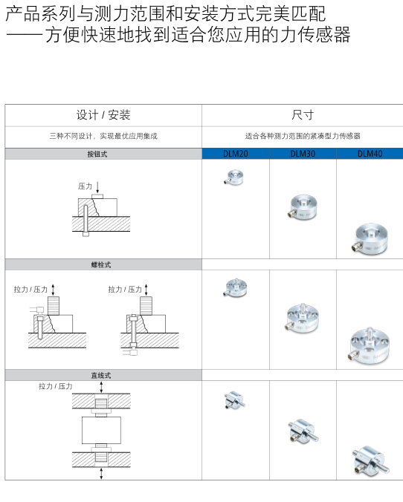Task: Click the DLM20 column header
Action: [x=236, y=154]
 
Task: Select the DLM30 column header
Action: [x=303, y=154]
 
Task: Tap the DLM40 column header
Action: [x=370, y=154]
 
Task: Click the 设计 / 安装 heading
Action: [x=103, y=115]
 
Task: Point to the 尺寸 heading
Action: [x=303, y=115]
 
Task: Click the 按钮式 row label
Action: [x=97, y=154]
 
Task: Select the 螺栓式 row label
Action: [x=101, y=265]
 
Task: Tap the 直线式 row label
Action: [x=101, y=375]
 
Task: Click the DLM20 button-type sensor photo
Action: [x=233, y=177]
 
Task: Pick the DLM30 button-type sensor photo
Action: [x=302, y=207]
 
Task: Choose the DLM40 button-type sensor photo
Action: [x=370, y=239]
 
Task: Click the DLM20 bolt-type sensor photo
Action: [x=235, y=288]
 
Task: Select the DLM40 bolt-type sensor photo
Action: [x=370, y=346]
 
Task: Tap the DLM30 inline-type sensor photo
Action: [x=303, y=431]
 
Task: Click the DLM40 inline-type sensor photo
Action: [x=371, y=460]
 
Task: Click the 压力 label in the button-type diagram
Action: [x=85, y=186]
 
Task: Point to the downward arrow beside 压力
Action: [x=98, y=187]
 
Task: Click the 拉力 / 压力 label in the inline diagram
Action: [x=56, y=386]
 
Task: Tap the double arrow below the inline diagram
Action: [x=101, y=474]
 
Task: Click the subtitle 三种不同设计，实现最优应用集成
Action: [x=103, y=136]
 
